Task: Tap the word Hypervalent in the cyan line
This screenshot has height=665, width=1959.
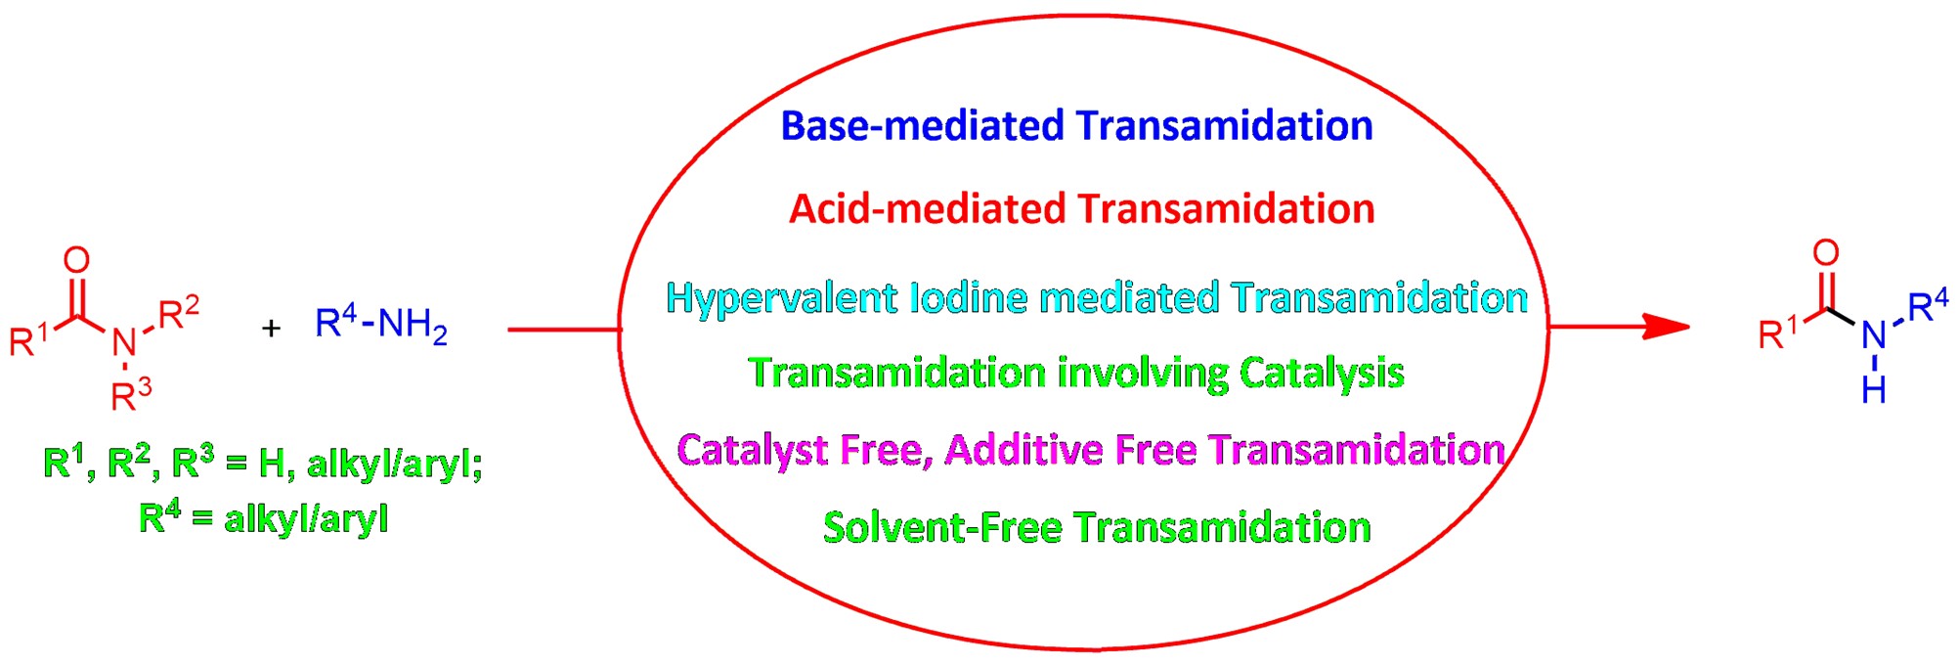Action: pos(781,298)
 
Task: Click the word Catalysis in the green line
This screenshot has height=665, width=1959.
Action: pos(1322,374)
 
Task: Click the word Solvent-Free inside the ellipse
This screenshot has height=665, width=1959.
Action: pos(942,528)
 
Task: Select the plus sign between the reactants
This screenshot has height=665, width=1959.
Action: pos(271,328)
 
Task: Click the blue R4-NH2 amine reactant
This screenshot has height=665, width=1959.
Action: pos(381,325)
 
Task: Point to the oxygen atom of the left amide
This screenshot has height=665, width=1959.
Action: pos(76,260)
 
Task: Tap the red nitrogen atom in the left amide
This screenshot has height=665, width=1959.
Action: pos(124,342)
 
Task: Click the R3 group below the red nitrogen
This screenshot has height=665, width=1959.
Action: pos(131,395)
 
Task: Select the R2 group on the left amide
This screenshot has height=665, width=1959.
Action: pos(179,312)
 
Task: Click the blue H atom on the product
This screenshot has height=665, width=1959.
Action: pos(1874,390)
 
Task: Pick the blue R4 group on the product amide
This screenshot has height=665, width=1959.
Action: pos(1928,306)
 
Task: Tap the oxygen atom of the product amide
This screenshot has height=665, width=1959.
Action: pos(1826,253)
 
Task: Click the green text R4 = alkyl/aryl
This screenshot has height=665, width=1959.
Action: pos(264,517)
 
